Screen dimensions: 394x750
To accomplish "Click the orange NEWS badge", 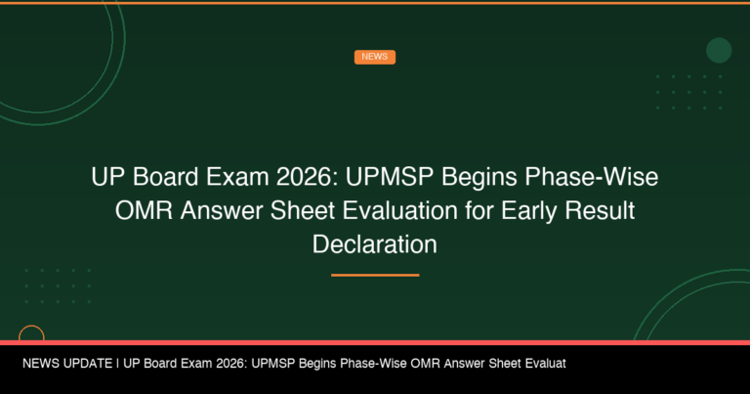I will click(374, 57).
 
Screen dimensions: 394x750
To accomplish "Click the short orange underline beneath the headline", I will click(374, 275).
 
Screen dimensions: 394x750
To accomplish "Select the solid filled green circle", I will click(719, 50).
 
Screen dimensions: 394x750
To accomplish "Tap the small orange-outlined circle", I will click(31, 335).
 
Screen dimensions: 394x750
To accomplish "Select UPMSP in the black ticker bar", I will click(275, 363).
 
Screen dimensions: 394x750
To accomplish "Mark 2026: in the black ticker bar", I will click(229, 363).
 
